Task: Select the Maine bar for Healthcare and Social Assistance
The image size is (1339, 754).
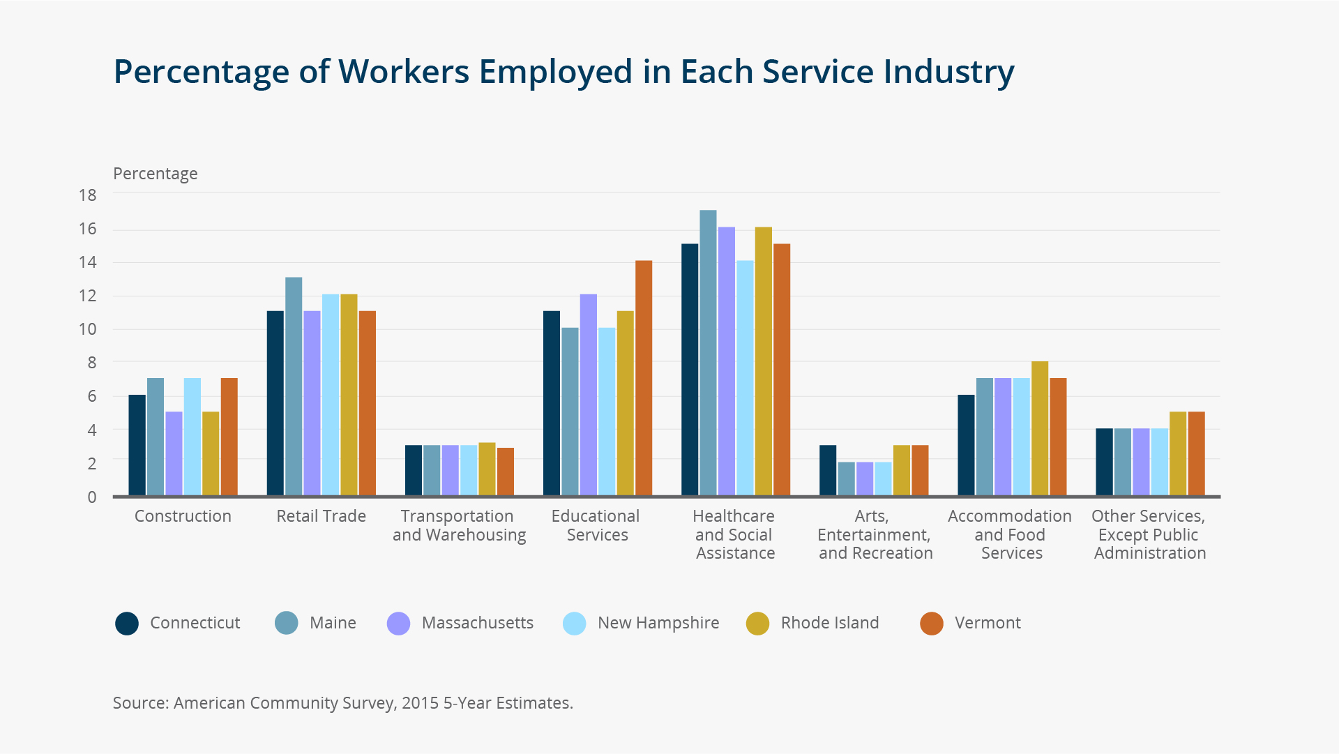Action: tap(708, 353)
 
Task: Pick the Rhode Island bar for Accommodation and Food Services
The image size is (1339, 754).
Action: tap(1039, 428)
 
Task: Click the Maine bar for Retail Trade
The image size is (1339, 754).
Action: tap(294, 386)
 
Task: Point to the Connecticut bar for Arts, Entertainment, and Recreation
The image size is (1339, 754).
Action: tap(827, 470)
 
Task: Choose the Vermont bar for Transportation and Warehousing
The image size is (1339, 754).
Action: tap(505, 472)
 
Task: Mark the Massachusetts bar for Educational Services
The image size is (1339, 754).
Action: tap(588, 395)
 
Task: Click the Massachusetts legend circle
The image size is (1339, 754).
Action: tap(398, 624)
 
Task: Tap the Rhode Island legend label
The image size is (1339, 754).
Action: tap(829, 623)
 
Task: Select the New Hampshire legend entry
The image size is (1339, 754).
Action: tap(658, 623)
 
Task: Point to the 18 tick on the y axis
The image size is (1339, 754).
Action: tap(88, 195)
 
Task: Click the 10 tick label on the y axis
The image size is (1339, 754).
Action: tap(88, 329)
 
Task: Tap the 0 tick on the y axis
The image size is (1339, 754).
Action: tap(91, 497)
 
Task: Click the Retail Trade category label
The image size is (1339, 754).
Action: tap(321, 516)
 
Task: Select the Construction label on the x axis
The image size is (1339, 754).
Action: tap(183, 516)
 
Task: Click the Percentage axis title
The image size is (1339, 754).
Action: tap(155, 174)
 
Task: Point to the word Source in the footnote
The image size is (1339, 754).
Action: tap(140, 703)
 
